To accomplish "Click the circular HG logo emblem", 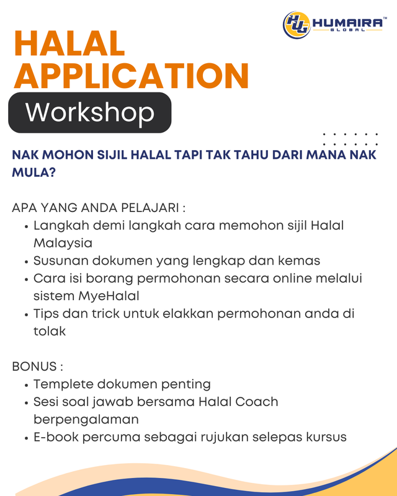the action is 297,25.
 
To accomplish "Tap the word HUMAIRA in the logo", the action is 347,23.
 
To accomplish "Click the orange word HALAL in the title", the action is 69,43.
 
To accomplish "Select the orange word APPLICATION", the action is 132,76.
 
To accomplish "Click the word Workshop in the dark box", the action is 90,112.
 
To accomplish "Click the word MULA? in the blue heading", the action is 34,173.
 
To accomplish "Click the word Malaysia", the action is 63,243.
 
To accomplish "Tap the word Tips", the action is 47,314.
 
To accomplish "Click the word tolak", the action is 50,331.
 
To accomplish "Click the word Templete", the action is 63,384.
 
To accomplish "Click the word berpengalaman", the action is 86,420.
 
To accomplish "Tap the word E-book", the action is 56,437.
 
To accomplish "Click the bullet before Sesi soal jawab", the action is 27,403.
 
